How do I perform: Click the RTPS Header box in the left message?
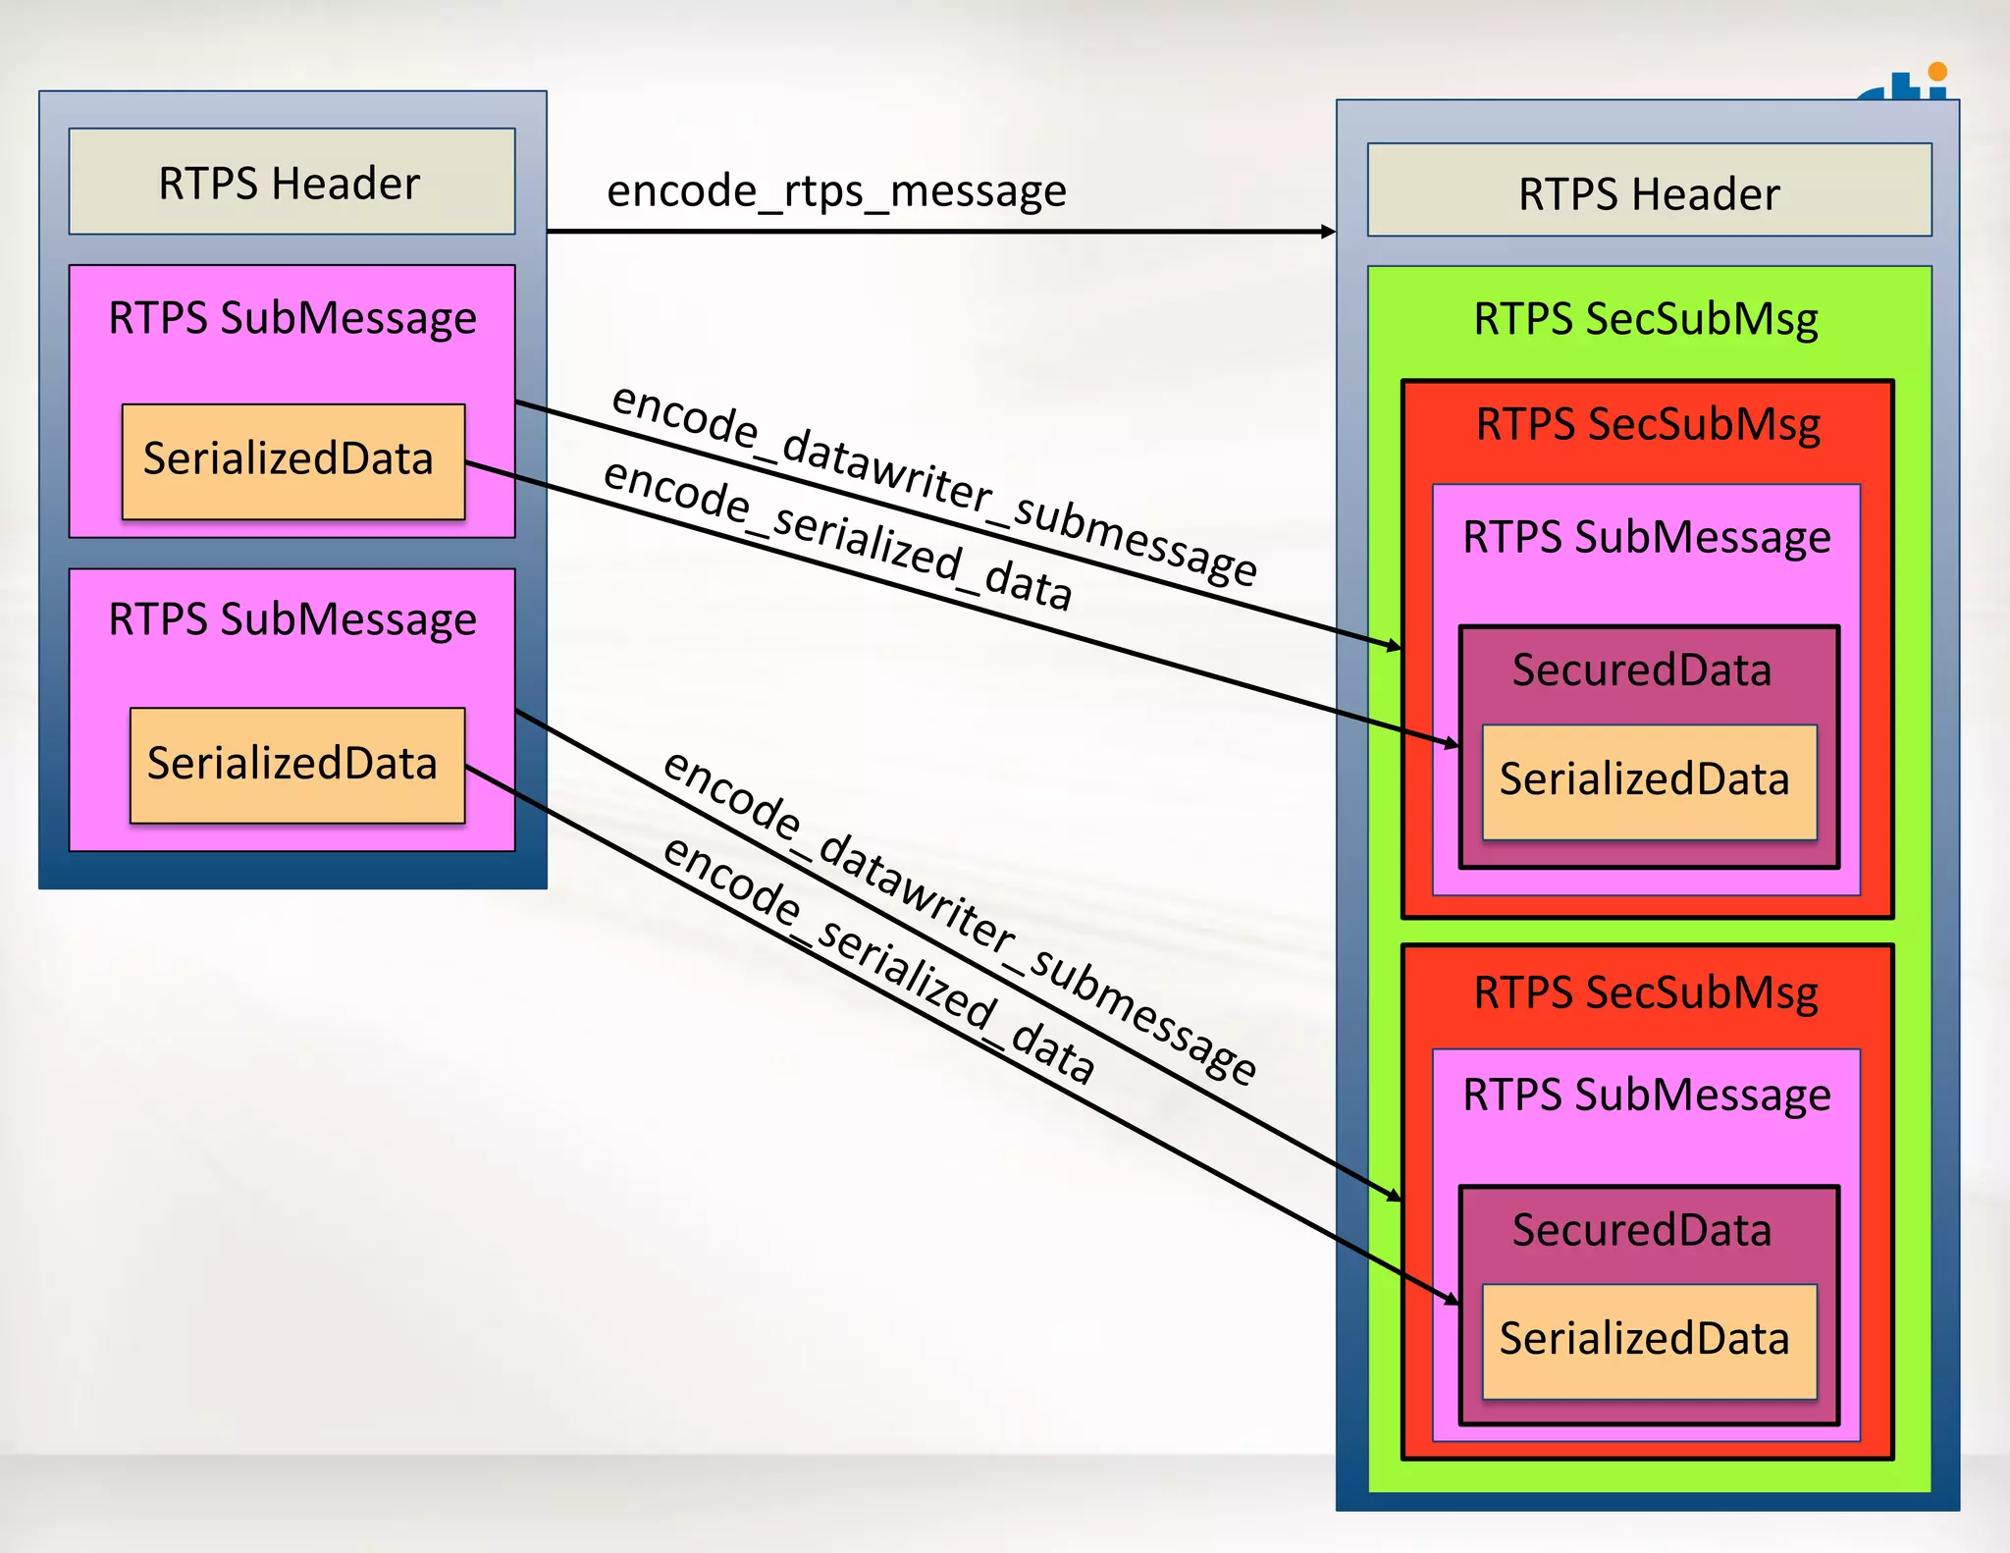click(x=291, y=182)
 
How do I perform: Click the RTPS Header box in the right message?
click(x=1649, y=191)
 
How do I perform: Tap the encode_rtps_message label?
click(x=836, y=190)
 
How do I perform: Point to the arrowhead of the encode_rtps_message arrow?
click(x=1329, y=232)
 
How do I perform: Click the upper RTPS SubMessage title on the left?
click(x=292, y=318)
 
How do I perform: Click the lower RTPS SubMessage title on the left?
click(x=292, y=619)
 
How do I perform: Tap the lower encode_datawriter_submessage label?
click(x=958, y=917)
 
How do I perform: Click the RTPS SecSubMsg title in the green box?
click(x=1646, y=319)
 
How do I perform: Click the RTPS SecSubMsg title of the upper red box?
click(x=1648, y=425)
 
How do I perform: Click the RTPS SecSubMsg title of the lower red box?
click(x=1646, y=992)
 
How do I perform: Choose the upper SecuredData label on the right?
click(x=1642, y=670)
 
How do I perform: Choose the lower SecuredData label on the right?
click(x=1642, y=1230)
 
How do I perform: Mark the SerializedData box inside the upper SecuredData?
click(x=1649, y=781)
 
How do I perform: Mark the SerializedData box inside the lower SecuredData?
click(x=1649, y=1341)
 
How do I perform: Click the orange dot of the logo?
click(x=1936, y=72)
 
